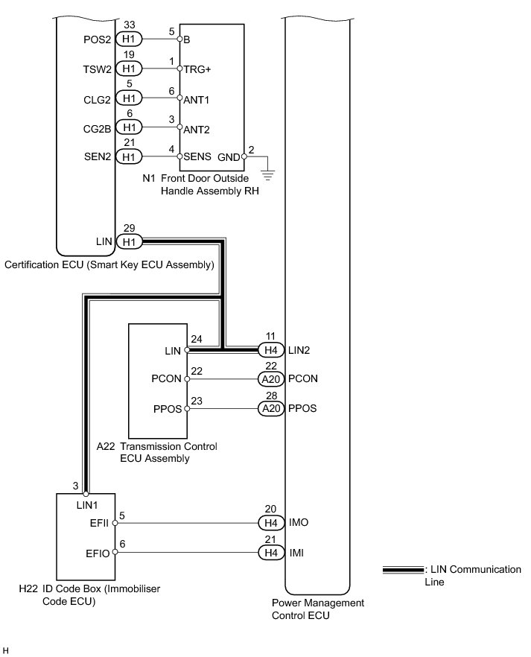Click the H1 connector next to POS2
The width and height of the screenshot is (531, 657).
click(128, 39)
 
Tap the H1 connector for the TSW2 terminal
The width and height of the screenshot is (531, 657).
click(128, 69)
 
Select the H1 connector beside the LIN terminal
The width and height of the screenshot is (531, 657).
click(128, 241)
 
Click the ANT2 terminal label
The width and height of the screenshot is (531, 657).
click(197, 129)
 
